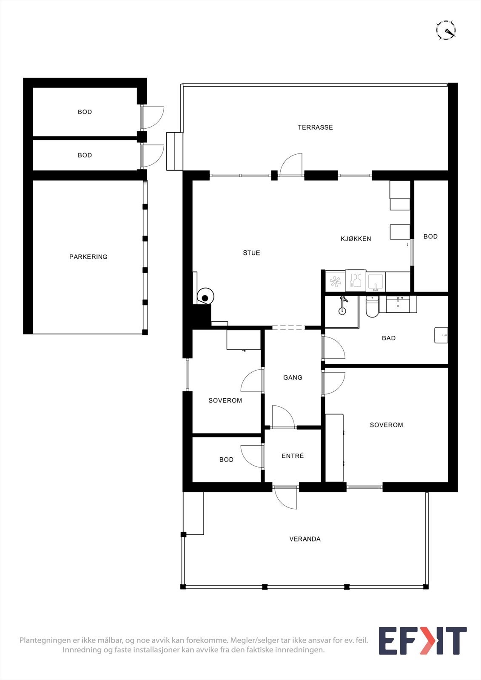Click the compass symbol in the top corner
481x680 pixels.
click(x=446, y=30)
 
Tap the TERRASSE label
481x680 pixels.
click(x=315, y=127)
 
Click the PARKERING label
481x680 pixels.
click(x=88, y=257)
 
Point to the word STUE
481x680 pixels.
click(x=251, y=253)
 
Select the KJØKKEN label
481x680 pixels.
click(x=356, y=239)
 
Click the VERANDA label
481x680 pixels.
click(x=305, y=539)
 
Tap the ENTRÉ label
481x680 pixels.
click(x=293, y=456)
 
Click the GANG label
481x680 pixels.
click(x=293, y=377)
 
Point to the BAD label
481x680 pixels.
click(x=389, y=338)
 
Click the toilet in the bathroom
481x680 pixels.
click(x=372, y=308)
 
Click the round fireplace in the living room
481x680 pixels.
click(x=205, y=296)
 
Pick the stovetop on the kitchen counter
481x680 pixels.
click(x=336, y=281)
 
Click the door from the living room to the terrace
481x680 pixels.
click(x=291, y=167)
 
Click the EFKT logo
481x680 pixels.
click(x=422, y=641)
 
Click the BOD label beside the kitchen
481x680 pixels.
click(x=430, y=236)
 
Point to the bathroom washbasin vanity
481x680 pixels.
click(x=398, y=303)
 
